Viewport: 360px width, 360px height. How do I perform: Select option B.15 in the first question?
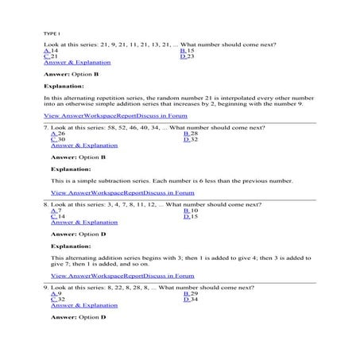pyautogui.click(x=188, y=50)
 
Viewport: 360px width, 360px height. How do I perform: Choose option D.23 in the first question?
pyautogui.click(x=188, y=56)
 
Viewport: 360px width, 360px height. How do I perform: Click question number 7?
pyautogui.click(x=46, y=127)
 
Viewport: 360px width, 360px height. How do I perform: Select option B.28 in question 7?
pyautogui.click(x=191, y=134)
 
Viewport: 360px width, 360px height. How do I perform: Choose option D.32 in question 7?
pyautogui.click(x=191, y=140)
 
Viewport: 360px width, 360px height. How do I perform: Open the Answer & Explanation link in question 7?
pyautogui.click(x=83, y=146)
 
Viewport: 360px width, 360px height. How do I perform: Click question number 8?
pyautogui.click(x=46, y=204)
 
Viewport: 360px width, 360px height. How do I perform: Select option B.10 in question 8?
pyautogui.click(x=191, y=211)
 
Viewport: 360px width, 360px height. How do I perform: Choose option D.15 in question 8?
pyautogui.click(x=191, y=217)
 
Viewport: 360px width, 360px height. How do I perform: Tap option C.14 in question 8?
pyautogui.click(x=58, y=217)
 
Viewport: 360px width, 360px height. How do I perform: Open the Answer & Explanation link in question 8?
pyautogui.click(x=83, y=223)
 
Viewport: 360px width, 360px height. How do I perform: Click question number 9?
pyautogui.click(x=46, y=287)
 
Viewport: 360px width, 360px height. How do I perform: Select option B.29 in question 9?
pyautogui.click(x=191, y=293)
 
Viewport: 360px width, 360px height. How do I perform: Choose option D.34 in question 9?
pyautogui.click(x=191, y=300)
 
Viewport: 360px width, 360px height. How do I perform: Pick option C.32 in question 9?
pyautogui.click(x=58, y=300)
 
